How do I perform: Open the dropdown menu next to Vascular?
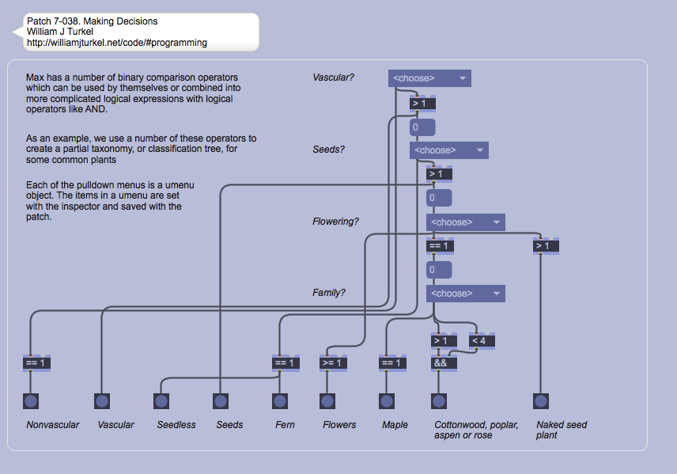click(429, 78)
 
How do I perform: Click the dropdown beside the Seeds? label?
click(448, 150)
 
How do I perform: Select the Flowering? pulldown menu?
click(465, 222)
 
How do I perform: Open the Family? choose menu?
click(465, 294)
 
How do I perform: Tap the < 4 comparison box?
click(482, 341)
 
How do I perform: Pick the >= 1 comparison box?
click(333, 363)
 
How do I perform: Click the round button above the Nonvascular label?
click(31, 401)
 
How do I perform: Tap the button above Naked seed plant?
click(541, 401)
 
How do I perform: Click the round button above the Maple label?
click(386, 401)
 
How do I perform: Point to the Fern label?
click(285, 425)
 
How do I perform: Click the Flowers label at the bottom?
click(339, 425)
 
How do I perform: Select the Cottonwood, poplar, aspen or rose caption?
click(476, 430)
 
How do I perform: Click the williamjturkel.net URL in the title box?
click(117, 43)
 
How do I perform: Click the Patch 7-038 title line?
click(92, 21)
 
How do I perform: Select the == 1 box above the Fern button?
click(285, 363)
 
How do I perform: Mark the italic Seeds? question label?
click(328, 150)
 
